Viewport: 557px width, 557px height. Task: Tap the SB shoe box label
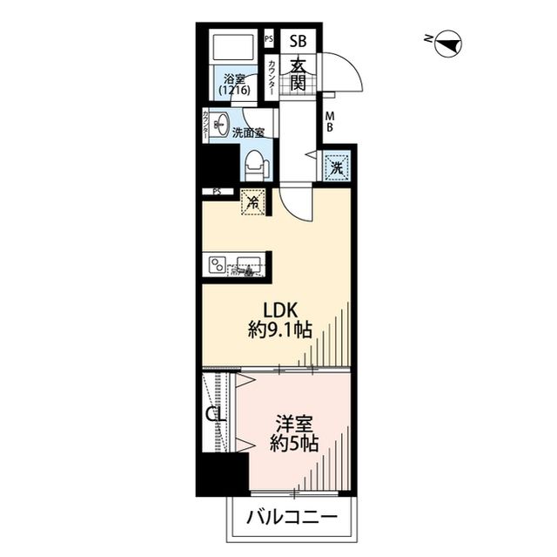(298, 39)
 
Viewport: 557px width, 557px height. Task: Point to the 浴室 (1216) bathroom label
(233, 84)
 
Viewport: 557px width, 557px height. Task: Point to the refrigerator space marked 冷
(253, 203)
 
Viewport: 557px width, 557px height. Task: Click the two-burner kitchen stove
(217, 263)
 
